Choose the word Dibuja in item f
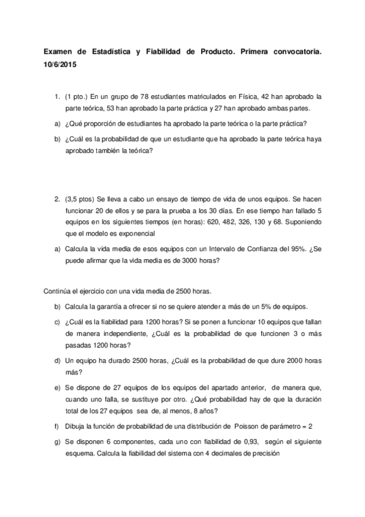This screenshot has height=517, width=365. click(x=74, y=426)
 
